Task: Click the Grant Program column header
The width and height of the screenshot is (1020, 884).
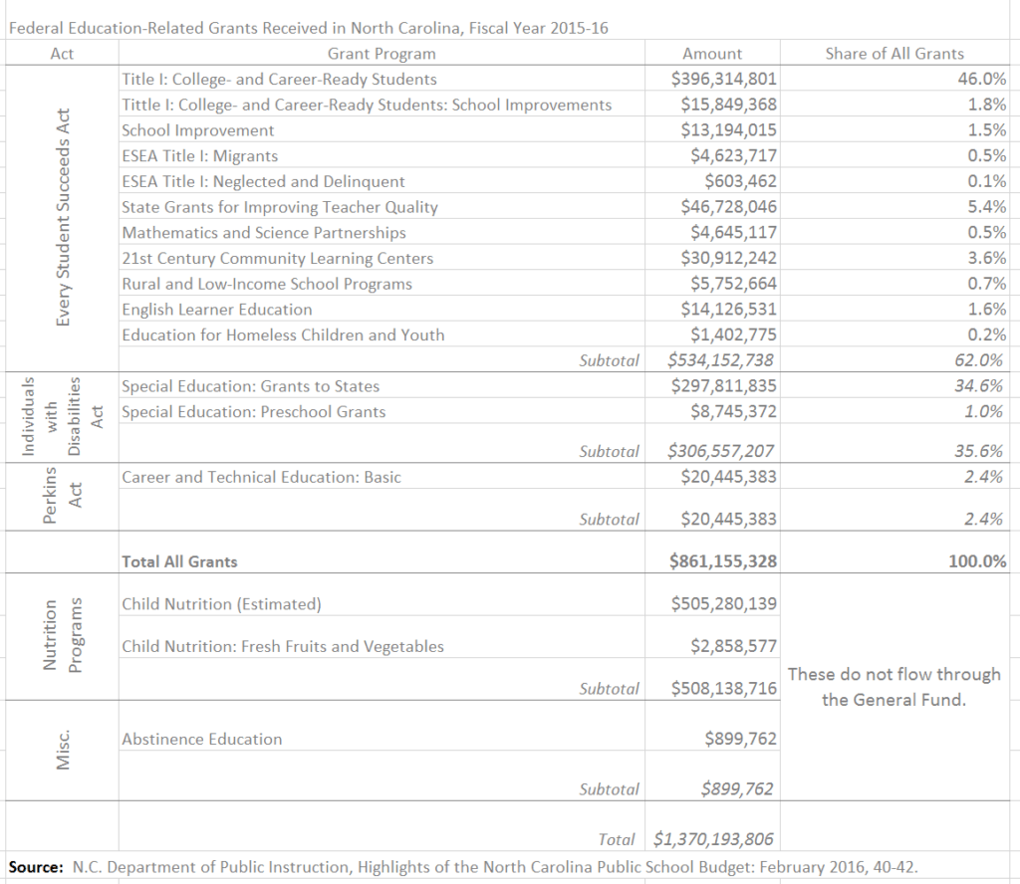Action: (382, 54)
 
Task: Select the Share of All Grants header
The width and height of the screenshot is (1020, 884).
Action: (894, 54)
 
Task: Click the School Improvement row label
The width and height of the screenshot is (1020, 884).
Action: (197, 130)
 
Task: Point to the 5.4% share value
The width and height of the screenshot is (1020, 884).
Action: (986, 207)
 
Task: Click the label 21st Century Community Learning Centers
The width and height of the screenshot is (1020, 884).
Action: (277, 259)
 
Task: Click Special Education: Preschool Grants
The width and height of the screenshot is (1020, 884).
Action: (253, 412)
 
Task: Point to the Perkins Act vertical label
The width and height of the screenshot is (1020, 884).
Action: (62, 495)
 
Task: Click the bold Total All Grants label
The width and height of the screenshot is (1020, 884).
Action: (179, 561)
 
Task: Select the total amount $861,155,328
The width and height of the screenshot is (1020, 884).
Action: (723, 561)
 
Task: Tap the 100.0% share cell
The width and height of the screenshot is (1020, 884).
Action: (976, 561)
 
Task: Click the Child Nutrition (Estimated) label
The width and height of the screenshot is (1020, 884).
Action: (221, 604)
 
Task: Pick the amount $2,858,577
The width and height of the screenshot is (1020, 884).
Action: (733, 647)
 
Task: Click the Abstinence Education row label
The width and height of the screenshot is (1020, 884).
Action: (201, 740)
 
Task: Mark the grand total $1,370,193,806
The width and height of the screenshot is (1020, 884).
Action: (713, 839)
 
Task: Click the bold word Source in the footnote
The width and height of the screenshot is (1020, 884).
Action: (36, 867)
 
